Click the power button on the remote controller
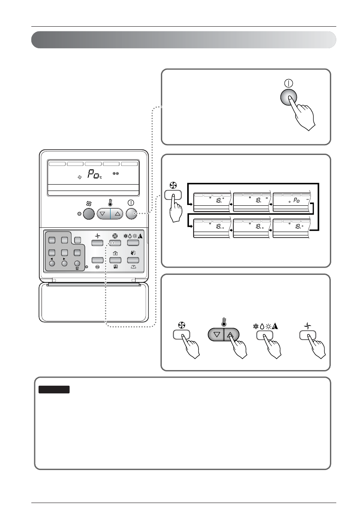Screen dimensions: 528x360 (x=132, y=214)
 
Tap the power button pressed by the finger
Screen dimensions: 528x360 (x=289, y=99)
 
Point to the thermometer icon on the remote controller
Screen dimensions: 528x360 (x=110, y=202)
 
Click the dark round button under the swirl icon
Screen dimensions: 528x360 (x=89, y=214)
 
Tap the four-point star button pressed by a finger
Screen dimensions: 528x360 (x=307, y=335)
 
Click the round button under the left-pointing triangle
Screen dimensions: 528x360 (x=52, y=263)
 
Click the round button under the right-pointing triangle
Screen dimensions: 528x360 (x=64, y=263)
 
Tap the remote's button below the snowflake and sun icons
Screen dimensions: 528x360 (x=133, y=243)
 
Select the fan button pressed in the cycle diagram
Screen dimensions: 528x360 (x=172, y=195)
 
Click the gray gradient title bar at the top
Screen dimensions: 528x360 (x=183, y=39)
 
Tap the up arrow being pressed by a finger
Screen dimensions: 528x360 (x=231, y=334)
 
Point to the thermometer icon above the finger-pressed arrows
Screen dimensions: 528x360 (x=223, y=322)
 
